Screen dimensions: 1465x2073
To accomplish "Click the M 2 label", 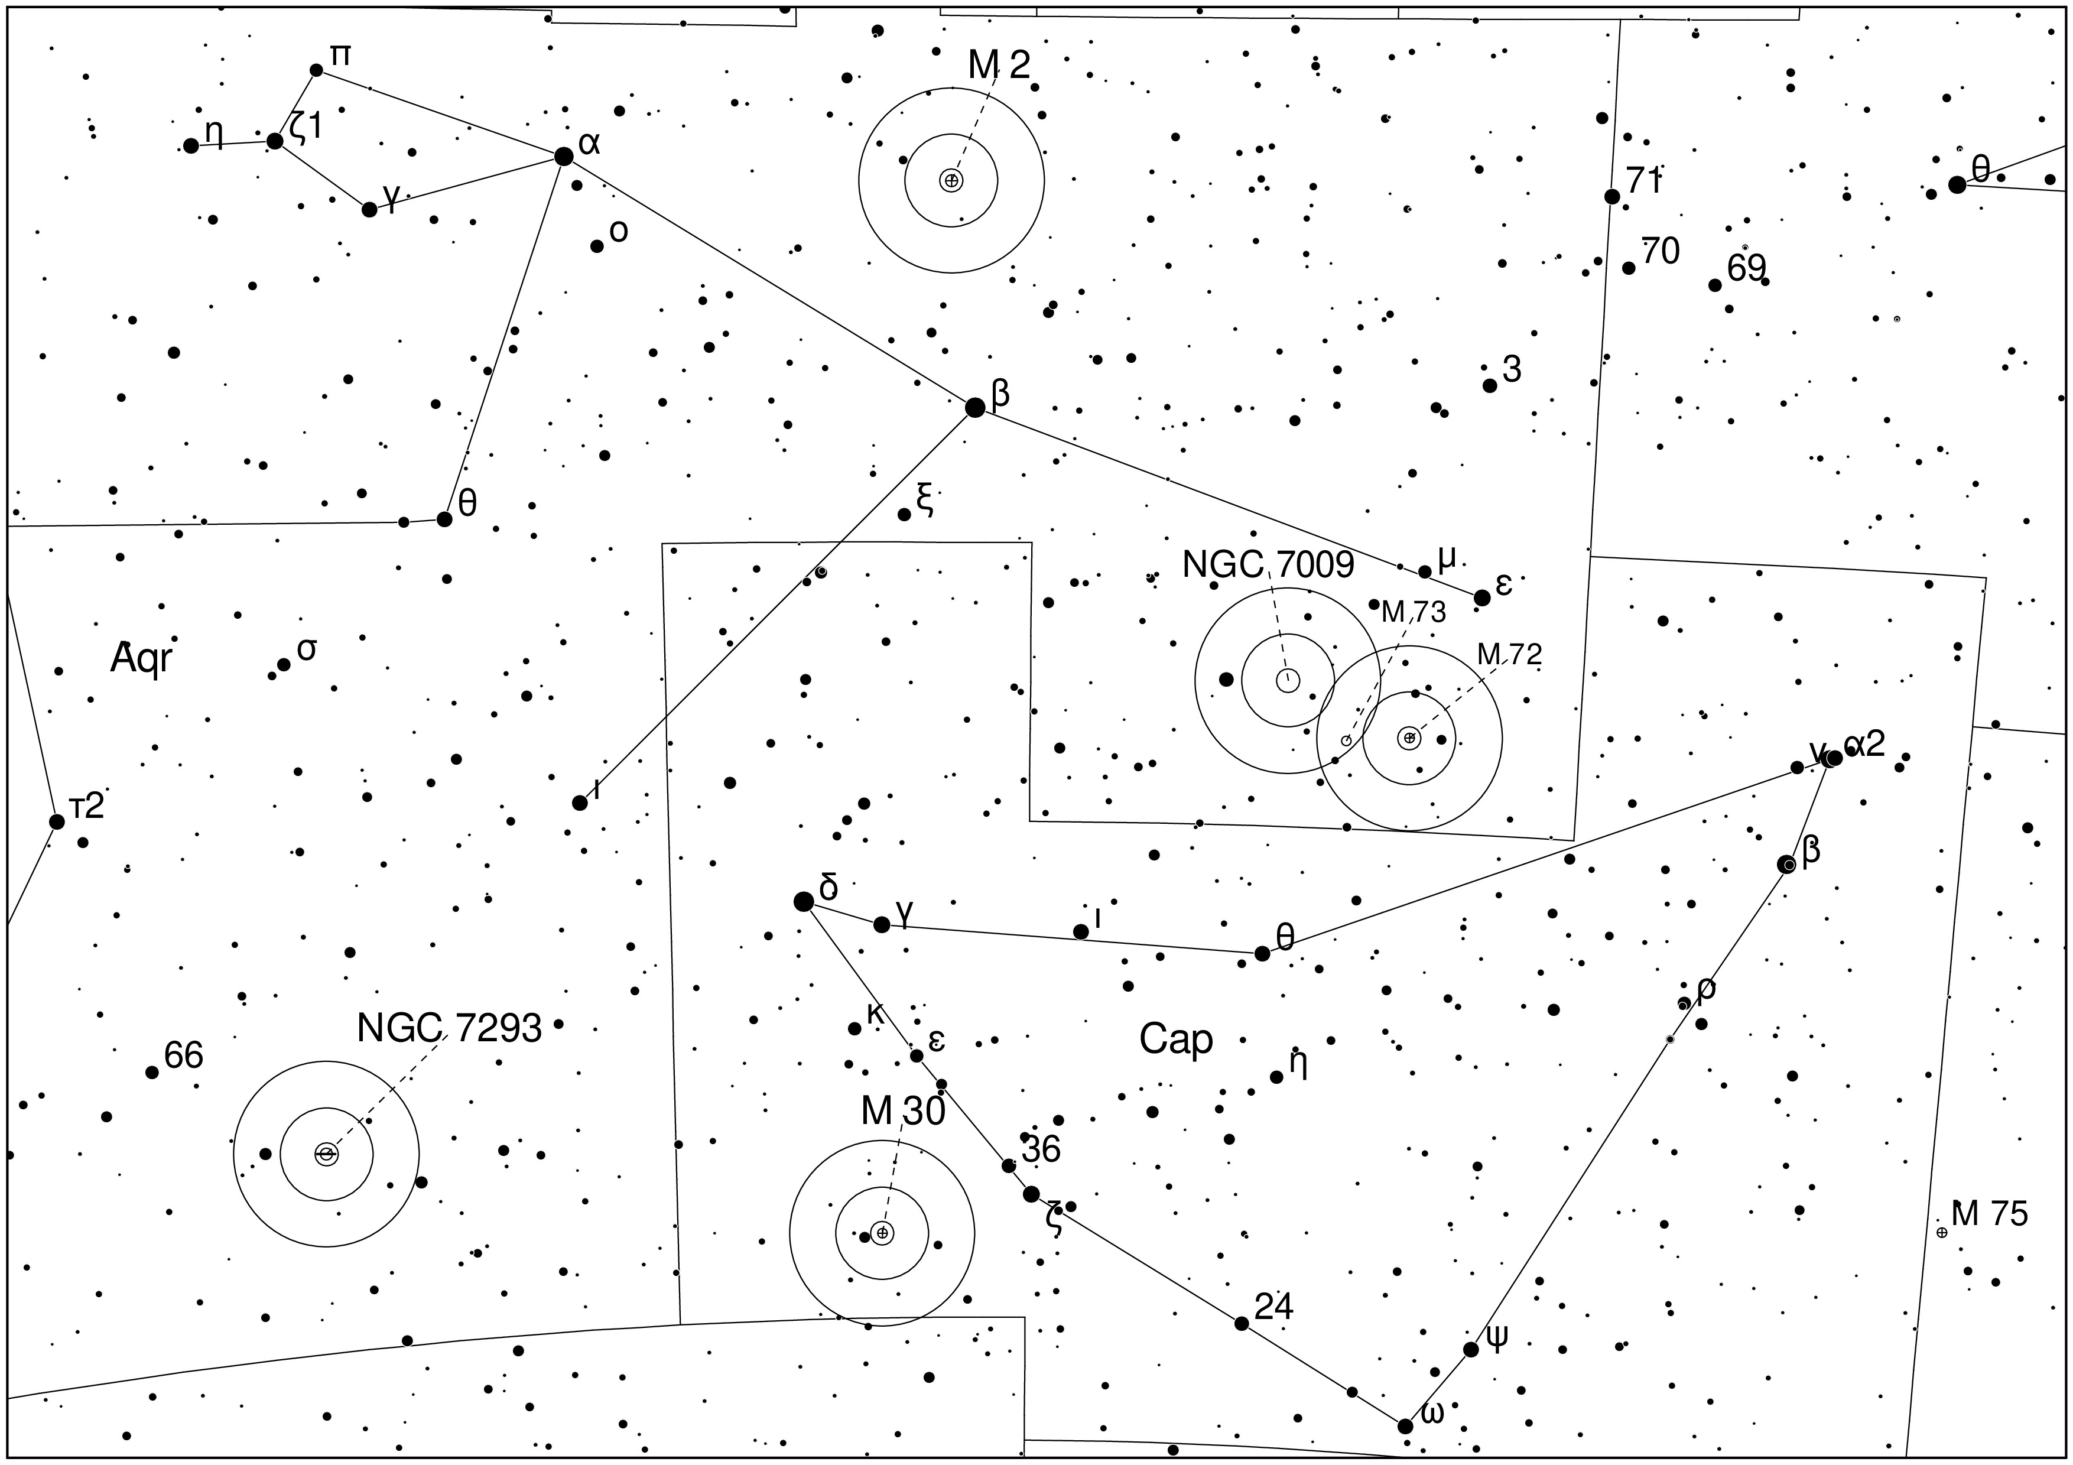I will tap(999, 65).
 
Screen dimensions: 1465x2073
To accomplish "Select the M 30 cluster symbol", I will tap(882, 1233).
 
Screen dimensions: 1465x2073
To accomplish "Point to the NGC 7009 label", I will tap(1268, 565).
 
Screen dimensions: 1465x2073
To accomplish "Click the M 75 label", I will tap(1990, 1214).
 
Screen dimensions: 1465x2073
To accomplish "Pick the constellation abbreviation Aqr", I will tap(141, 660).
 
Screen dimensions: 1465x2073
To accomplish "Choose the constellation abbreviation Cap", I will tap(1175, 1040).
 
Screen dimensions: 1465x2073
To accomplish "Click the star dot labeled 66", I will tap(152, 1073).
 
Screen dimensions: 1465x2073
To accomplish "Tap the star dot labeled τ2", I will tap(57, 821).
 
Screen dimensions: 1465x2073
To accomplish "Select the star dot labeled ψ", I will tap(1471, 1349).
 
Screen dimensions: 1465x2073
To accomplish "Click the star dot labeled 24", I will tap(1242, 1323).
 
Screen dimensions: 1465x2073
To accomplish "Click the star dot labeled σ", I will tap(284, 664).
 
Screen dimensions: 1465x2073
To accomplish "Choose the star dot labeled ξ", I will tap(904, 515).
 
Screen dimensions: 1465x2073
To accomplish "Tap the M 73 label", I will tap(1414, 613).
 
